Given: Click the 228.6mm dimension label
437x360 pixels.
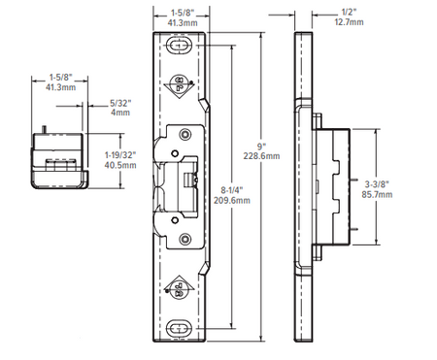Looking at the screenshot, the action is click(261, 156).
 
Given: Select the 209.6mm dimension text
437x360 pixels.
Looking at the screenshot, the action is click(232, 200).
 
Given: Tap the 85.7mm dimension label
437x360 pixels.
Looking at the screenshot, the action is click(377, 194).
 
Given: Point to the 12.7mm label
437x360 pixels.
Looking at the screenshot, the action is click(349, 22).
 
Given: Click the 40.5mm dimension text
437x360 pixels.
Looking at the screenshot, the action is click(120, 165).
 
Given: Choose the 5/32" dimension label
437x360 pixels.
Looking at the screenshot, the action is click(120, 103).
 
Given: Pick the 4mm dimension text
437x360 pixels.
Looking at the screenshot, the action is click(120, 113).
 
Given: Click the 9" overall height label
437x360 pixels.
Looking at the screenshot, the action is click(261, 147).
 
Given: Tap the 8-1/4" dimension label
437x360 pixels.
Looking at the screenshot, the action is click(232, 190).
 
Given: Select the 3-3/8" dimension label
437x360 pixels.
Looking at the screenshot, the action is click(377, 184).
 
